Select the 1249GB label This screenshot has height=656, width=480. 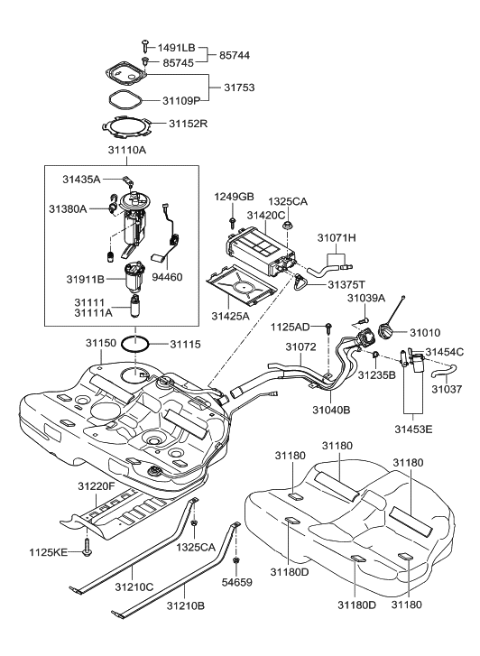pos(234,197)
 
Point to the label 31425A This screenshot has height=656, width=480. pos(232,317)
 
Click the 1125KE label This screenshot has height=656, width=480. pos(49,550)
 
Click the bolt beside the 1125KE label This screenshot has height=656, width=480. pos(86,547)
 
